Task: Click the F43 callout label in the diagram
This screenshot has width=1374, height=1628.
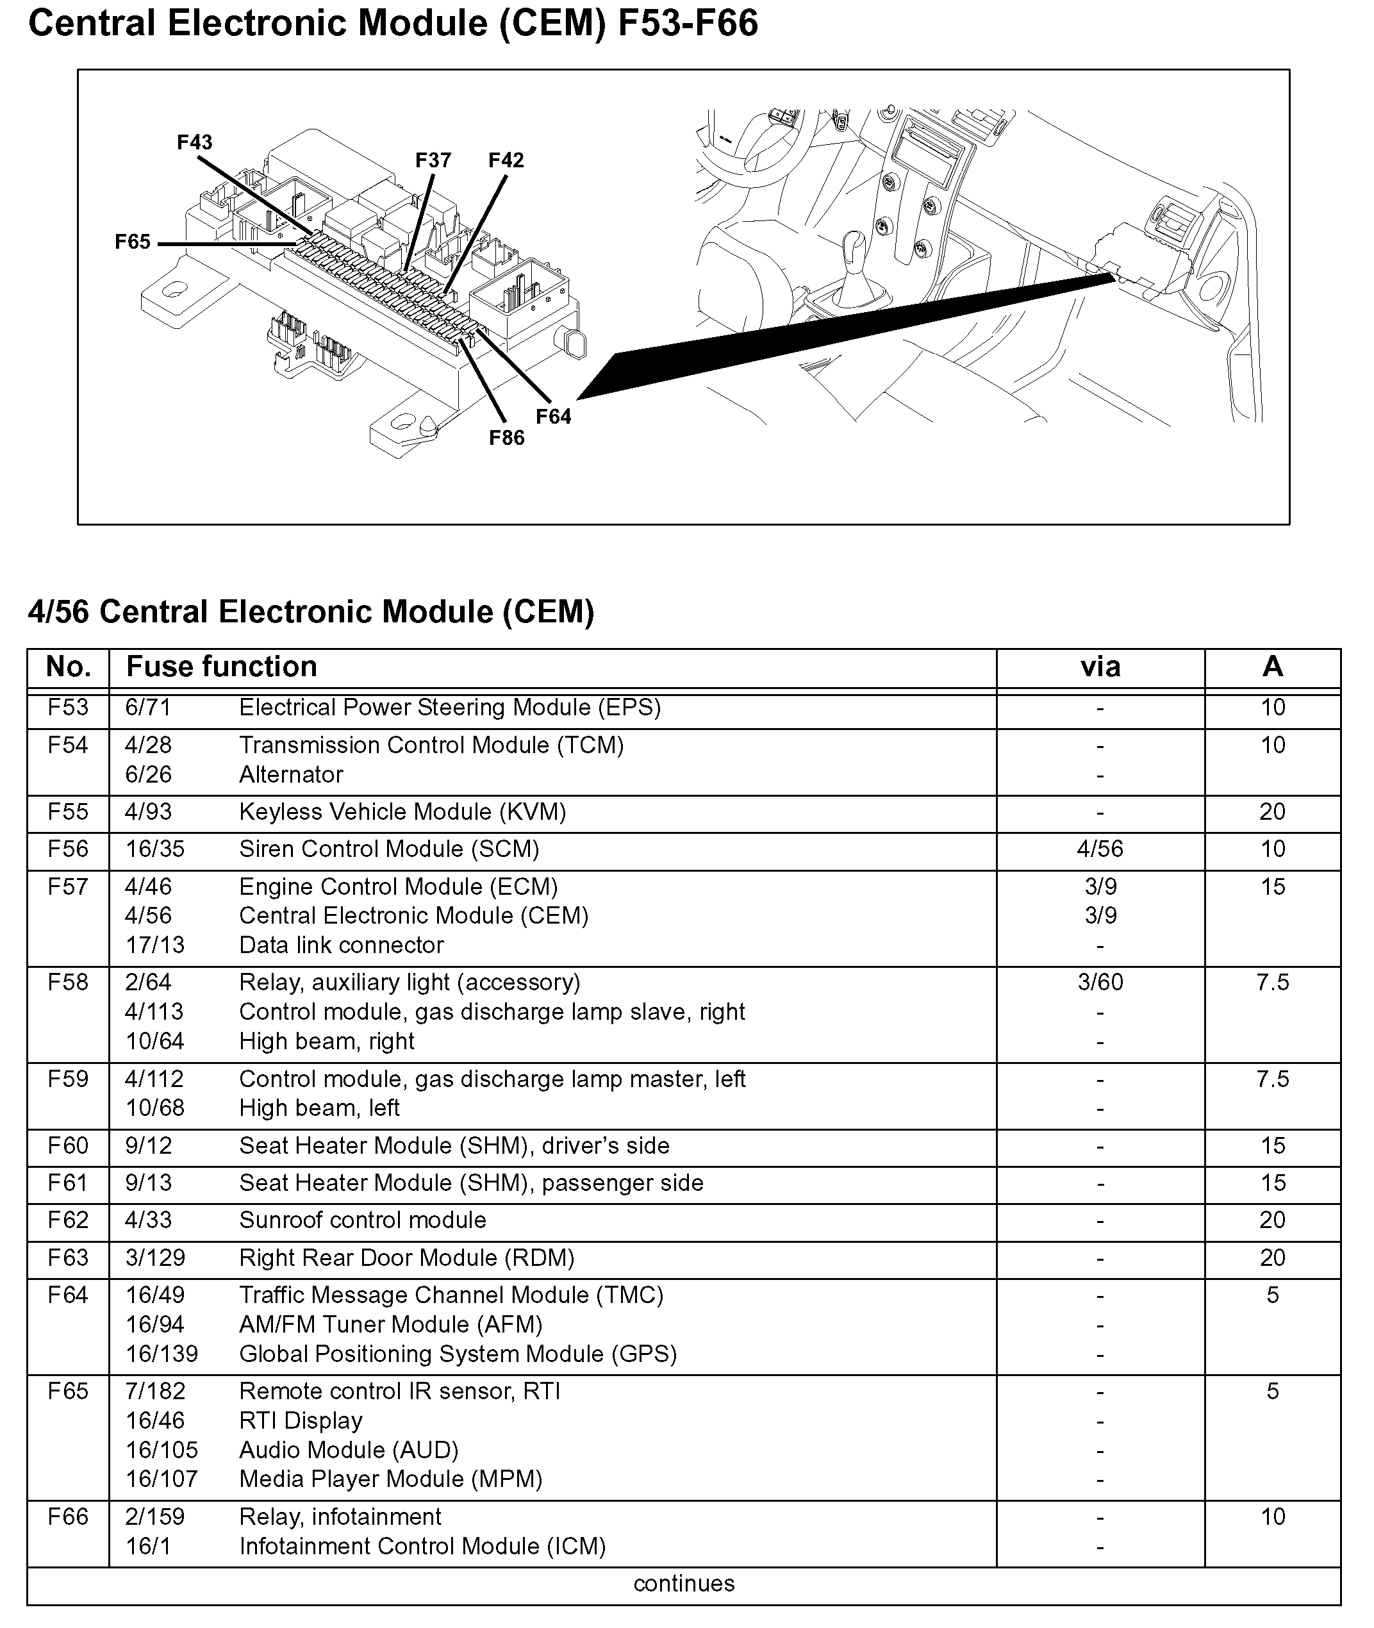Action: (x=194, y=142)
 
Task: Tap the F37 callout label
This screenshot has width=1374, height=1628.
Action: (x=433, y=160)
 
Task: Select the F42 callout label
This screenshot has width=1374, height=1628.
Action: (x=506, y=160)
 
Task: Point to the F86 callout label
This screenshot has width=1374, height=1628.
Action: (x=506, y=438)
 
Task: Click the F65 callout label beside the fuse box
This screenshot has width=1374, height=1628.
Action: (x=133, y=242)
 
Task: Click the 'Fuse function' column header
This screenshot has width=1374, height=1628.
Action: (x=222, y=667)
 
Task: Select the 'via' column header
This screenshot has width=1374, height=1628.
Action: (x=1100, y=667)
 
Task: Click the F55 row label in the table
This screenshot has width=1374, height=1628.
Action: (x=68, y=811)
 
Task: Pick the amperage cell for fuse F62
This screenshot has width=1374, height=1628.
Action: (x=1272, y=1220)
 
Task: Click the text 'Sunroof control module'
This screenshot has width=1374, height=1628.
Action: (x=362, y=1220)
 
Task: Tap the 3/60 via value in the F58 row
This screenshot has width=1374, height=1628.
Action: (x=1100, y=983)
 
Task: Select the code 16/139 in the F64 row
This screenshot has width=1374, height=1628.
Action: (x=162, y=1354)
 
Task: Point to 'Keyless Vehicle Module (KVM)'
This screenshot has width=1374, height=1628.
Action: (x=402, y=811)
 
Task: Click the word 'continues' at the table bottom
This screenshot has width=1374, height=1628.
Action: (x=684, y=1584)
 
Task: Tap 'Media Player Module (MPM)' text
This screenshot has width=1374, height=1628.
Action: (x=390, y=1479)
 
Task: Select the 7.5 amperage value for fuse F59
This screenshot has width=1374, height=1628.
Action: (x=1272, y=1079)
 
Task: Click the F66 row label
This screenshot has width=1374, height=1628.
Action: (x=68, y=1516)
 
